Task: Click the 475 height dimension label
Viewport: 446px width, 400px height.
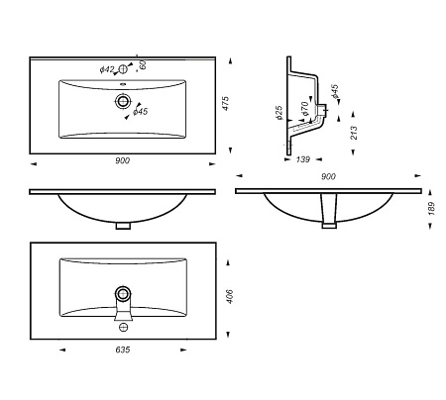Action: click(225, 103)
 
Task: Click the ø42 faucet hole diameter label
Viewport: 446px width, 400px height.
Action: click(107, 69)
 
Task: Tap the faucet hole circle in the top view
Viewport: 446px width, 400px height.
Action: click(123, 69)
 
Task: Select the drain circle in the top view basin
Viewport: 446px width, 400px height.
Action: click(123, 100)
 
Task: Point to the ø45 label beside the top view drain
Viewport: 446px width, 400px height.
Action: click(140, 112)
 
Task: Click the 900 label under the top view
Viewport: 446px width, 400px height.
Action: click(123, 160)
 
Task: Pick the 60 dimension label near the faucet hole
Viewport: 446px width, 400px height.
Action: click(143, 65)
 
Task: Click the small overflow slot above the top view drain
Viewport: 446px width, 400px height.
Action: click(123, 84)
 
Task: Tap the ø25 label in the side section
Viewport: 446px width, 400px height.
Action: click(279, 112)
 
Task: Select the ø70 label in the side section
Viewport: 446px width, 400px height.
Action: click(304, 109)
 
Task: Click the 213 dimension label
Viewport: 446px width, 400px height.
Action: click(354, 133)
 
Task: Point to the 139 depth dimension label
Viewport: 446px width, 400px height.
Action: click(302, 159)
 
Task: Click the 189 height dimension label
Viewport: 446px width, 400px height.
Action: click(431, 209)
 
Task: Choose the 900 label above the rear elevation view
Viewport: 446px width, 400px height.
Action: click(328, 176)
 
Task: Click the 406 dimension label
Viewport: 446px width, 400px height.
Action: click(230, 296)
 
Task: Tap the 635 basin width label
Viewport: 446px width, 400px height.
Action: click(123, 350)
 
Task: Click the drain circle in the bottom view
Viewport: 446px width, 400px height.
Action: click(123, 293)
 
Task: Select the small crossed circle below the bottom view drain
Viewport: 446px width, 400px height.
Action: click(123, 327)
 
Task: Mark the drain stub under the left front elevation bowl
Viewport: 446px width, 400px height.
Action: click(123, 226)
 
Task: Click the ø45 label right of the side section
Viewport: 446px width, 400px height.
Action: click(335, 91)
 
